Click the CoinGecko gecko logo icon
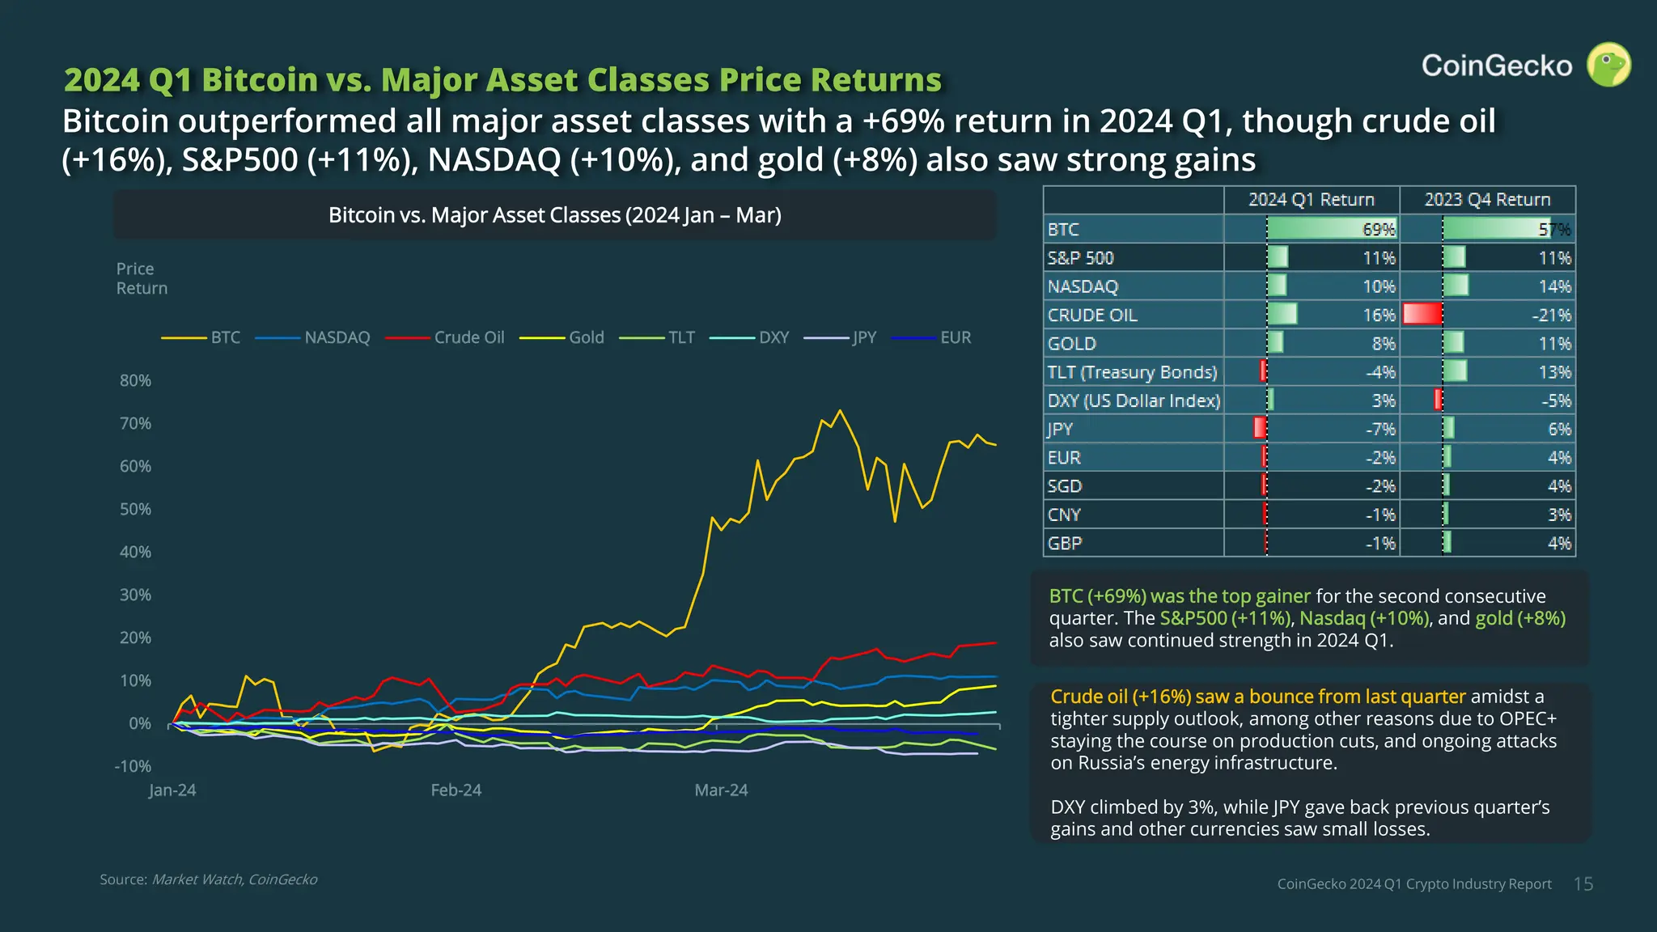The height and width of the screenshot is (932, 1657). click(1608, 65)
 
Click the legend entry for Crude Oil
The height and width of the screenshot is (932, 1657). click(468, 337)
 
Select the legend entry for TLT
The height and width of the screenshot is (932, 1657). click(681, 337)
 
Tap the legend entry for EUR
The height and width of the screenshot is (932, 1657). click(955, 337)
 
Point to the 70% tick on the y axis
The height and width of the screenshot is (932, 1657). click(135, 423)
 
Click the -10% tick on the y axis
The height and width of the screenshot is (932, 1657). click(133, 766)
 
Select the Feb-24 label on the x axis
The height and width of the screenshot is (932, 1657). click(456, 790)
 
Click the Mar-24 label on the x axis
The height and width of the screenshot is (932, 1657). click(721, 790)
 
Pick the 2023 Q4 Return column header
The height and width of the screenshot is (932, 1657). click(1487, 200)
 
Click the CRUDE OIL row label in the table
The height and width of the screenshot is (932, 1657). click(1092, 316)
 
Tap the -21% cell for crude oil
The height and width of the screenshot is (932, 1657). click(1551, 316)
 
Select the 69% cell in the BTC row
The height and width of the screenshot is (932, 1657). click(1379, 230)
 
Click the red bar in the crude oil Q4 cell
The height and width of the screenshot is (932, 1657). click(1422, 314)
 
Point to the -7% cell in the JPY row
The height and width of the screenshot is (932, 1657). click(1380, 430)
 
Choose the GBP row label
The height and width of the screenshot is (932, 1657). click(1065, 544)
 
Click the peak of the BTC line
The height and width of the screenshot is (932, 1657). click(840, 411)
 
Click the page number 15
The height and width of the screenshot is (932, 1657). click(1583, 884)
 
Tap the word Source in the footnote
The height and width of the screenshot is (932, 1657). click(123, 879)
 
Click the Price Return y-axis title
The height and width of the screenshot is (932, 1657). click(142, 278)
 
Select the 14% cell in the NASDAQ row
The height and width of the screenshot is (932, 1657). click(1554, 286)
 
